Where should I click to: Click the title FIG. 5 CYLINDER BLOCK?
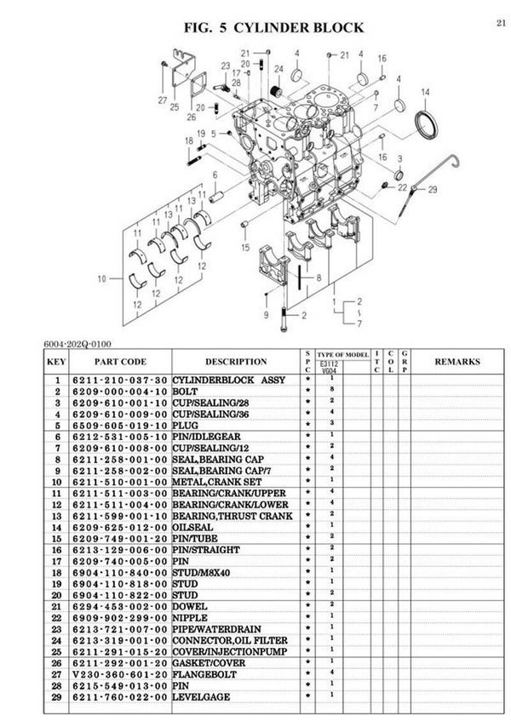273,28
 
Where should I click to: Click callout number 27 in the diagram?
163,100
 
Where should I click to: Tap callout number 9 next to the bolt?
266,315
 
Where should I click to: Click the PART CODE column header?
120,362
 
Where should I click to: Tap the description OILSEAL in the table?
192,527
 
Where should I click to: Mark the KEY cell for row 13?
56,515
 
